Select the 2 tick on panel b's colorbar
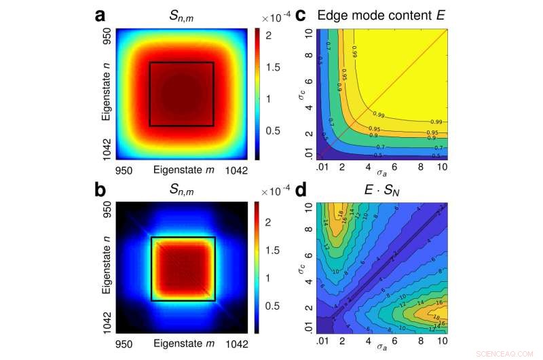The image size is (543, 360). coord(267,221)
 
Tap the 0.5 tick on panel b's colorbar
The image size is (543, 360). coord(272,306)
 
